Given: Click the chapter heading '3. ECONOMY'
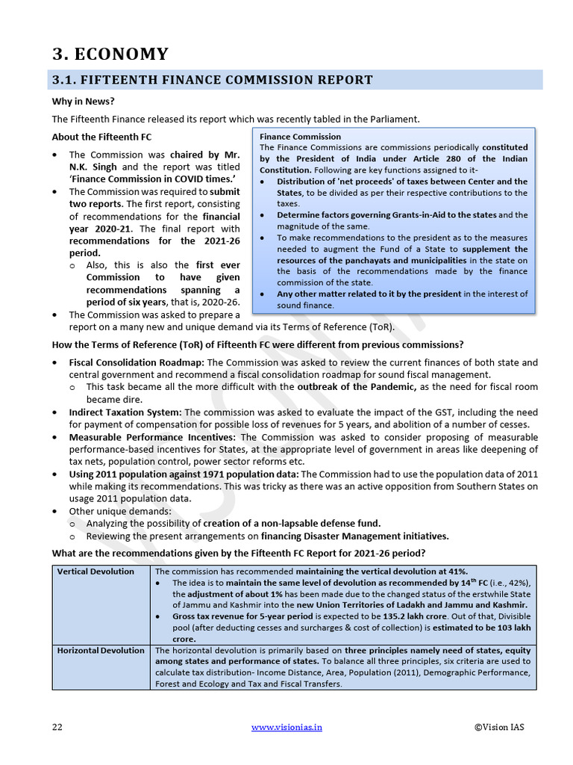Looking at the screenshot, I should tap(110, 54).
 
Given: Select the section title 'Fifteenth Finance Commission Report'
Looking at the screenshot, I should tap(212, 80).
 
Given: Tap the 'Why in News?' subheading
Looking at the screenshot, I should tap(83, 102).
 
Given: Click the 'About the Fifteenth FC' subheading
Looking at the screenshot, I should tap(101, 137).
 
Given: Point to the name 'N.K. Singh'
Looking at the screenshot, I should tap(93, 167).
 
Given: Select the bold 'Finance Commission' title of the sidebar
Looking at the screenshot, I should tap(300, 137).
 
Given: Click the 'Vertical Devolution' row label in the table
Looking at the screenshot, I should tap(96, 572).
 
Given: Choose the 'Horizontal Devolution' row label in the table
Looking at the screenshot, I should tap(101, 650).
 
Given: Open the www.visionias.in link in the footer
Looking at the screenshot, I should tap(286, 727).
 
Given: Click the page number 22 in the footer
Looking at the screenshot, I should tap(57, 727).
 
